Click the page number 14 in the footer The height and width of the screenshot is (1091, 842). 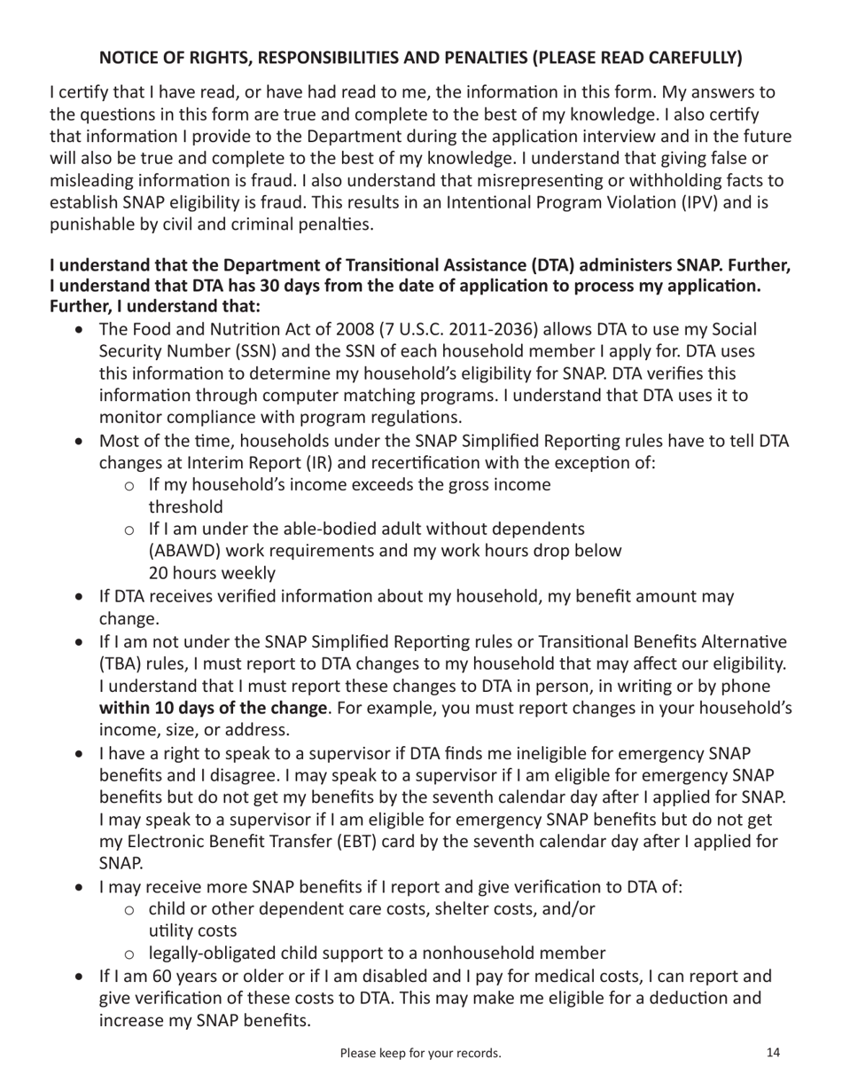(773, 1053)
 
